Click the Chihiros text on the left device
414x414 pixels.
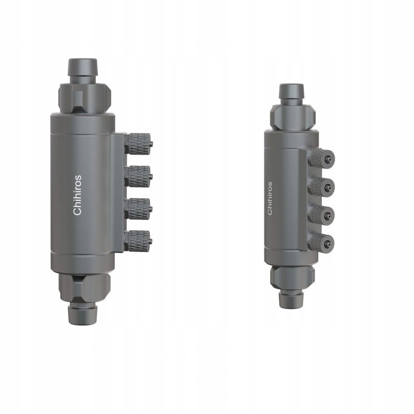point(77,195)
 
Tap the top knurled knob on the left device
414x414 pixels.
point(138,143)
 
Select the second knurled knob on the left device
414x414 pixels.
point(138,176)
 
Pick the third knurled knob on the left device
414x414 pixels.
point(138,209)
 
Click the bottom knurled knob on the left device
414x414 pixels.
point(138,241)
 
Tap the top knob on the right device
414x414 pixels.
point(321,158)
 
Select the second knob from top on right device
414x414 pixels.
point(321,186)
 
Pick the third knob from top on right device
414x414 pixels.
point(321,214)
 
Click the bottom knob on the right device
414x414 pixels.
point(321,242)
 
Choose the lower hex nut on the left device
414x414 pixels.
point(84,288)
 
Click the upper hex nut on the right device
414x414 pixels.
point(292,117)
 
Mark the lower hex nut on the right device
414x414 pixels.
point(292,277)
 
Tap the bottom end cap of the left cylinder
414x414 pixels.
point(83,262)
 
